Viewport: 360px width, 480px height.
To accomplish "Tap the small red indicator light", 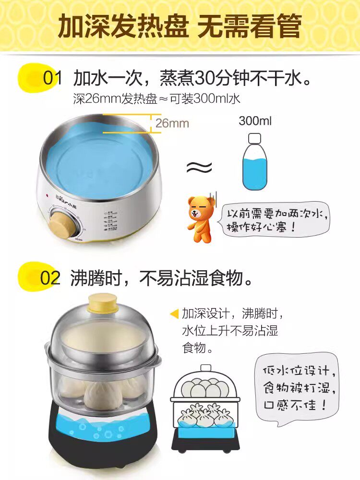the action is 47,195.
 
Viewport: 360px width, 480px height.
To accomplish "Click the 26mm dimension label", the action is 172,123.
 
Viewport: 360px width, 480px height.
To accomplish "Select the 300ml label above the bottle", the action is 255,120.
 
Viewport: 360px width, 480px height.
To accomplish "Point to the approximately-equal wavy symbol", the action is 199,167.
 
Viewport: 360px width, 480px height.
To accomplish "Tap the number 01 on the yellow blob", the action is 52,78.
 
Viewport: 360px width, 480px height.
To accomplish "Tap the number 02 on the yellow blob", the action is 50,278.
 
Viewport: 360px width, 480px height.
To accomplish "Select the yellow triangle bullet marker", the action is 175,314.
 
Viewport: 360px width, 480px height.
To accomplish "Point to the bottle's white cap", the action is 255,138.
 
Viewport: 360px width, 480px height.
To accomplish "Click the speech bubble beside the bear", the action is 274,218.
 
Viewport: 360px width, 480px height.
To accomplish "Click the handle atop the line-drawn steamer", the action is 206,368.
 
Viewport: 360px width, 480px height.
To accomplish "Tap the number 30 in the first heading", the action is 204,78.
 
